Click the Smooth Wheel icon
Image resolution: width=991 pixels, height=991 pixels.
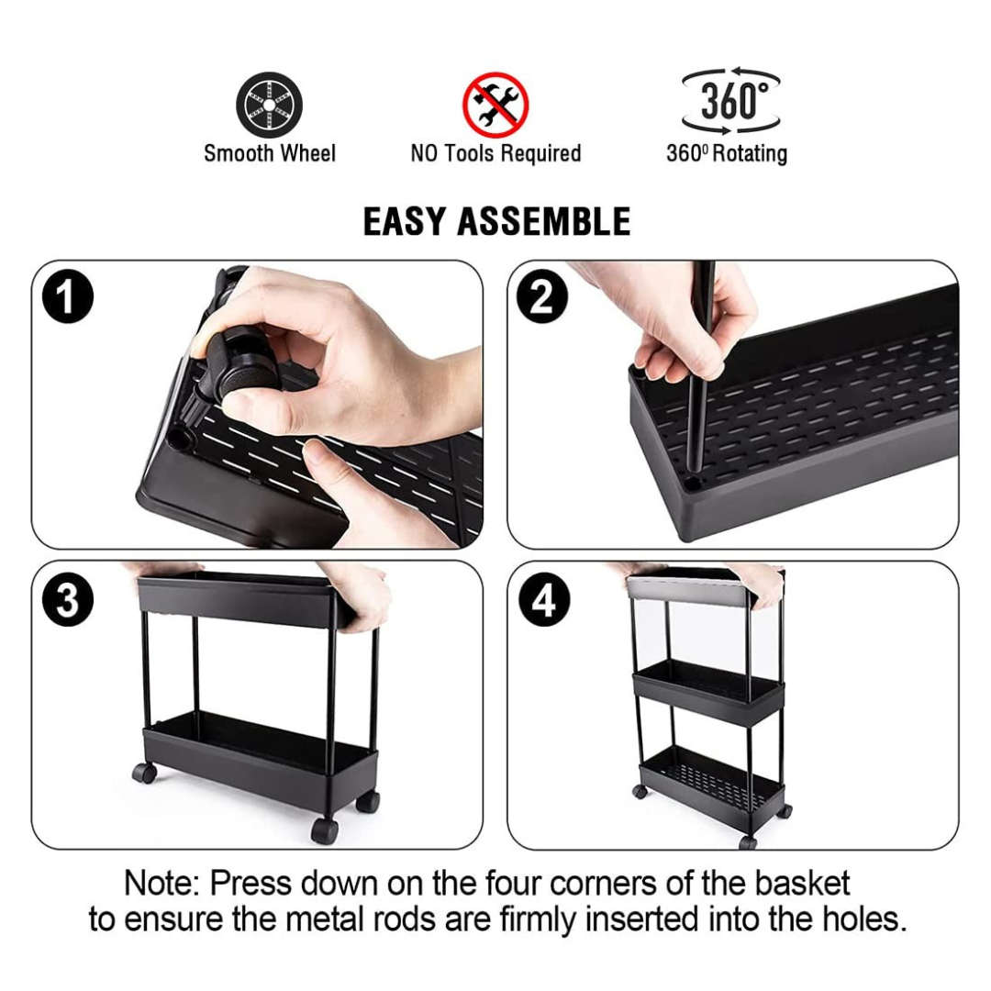pos(269,105)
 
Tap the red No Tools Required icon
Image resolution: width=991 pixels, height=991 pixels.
pos(495,104)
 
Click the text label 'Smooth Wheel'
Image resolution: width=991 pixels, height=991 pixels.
pos(270,153)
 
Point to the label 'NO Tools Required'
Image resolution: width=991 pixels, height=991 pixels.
pos(495,153)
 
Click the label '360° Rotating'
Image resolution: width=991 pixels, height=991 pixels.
pos(727,153)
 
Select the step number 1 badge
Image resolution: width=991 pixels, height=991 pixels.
pos(68,299)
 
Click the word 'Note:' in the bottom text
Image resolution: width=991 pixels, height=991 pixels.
pos(162,884)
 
